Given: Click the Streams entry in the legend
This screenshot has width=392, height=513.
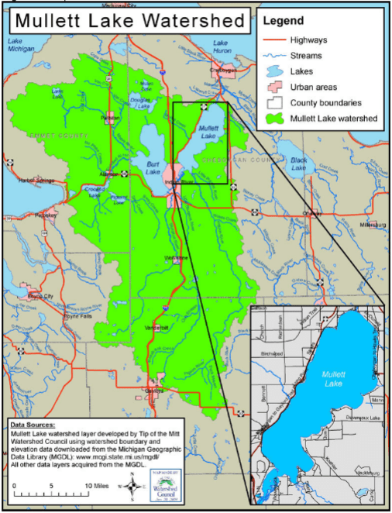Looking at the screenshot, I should (x=308, y=55).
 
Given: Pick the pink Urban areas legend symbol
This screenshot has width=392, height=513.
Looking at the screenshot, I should (x=274, y=86).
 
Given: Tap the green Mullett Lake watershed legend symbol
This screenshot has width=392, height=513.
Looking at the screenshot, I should (x=274, y=119).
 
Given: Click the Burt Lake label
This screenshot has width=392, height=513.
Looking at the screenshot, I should (x=153, y=167).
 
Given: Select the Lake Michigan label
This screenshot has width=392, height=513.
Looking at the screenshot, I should (x=21, y=46).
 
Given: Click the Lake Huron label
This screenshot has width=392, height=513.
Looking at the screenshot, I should (x=222, y=46).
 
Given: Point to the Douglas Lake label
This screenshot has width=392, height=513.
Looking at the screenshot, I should (x=140, y=103).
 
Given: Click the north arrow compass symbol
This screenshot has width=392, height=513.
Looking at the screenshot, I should (x=134, y=487).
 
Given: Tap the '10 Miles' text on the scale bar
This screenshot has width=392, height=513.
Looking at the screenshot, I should (x=97, y=485).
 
